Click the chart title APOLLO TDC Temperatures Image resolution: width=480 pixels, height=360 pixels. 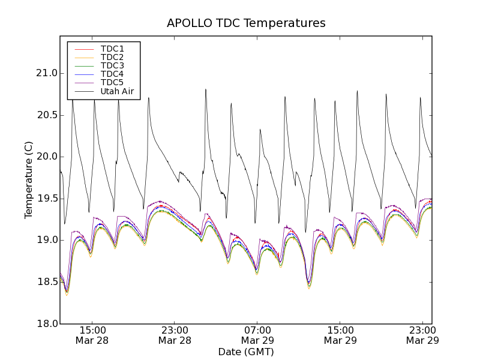(x=246, y=23)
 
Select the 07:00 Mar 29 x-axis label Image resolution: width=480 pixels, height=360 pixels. (x=257, y=335)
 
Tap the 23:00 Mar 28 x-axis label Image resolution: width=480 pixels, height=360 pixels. (x=175, y=335)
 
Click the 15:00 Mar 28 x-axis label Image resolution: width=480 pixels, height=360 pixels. (x=92, y=335)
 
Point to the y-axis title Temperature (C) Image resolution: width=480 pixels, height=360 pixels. (x=29, y=180)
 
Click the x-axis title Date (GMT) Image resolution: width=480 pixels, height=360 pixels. (x=246, y=352)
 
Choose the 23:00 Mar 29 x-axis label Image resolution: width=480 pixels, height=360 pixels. (x=422, y=335)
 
